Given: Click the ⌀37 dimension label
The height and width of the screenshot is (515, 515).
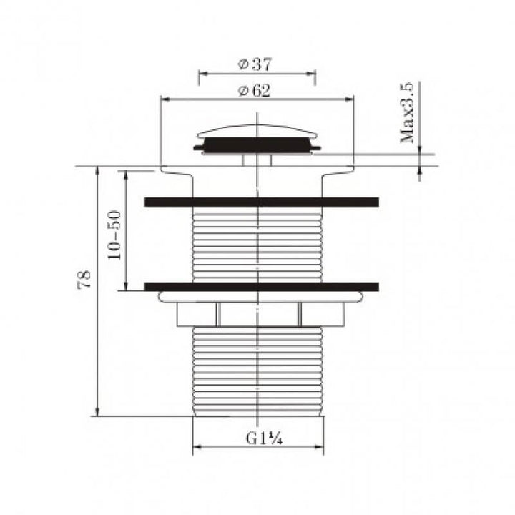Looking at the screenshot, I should pos(255,64).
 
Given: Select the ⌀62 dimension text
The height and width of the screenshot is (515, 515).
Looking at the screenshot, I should pos(255,91).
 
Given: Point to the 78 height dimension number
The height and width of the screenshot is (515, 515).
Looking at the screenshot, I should pos(84,279).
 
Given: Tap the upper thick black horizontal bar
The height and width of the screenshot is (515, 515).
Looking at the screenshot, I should pos(261,202).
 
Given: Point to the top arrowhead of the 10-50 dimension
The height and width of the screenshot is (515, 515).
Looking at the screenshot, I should pos(127,175).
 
